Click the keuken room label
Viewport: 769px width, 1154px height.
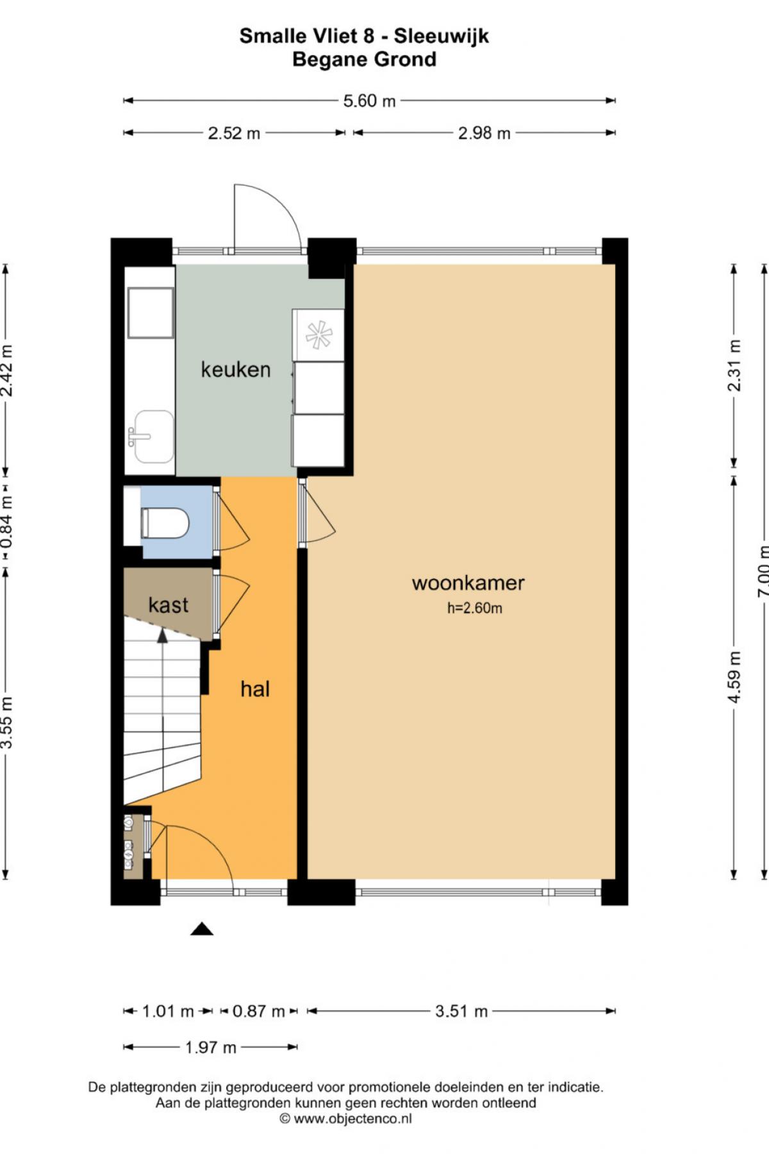pos(236,369)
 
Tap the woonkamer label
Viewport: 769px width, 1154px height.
pos(468,583)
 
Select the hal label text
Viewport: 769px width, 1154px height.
pos(255,689)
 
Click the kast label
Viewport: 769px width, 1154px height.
pos(169,605)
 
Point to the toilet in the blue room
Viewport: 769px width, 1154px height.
pos(165,523)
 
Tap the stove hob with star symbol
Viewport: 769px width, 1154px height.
pos(318,335)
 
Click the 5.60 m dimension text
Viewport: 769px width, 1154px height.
pos(369,101)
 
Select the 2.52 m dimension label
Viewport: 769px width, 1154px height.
pos(234,133)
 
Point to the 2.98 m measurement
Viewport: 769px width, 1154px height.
pos(484,133)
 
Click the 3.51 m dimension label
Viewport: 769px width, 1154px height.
pos(461,1012)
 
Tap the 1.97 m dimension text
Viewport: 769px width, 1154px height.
pos(211,1048)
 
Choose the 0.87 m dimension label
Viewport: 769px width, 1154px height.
pos(258,1012)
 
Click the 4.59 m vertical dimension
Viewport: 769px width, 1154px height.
pos(734,677)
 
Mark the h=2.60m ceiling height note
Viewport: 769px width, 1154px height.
pos(475,608)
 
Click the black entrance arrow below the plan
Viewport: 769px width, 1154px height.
pos(202,929)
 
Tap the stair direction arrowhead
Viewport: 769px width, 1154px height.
pos(163,635)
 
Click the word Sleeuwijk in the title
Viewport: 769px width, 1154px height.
pos(442,36)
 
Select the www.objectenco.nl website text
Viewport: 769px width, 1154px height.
pos(352,1119)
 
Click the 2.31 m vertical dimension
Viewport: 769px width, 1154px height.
pos(734,365)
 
